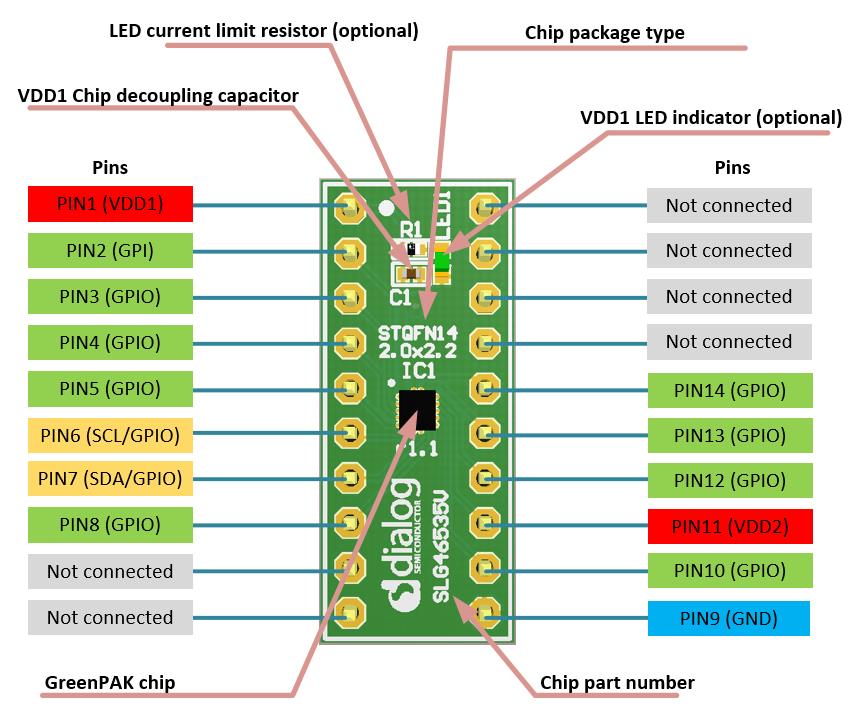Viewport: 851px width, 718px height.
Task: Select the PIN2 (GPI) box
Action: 110,250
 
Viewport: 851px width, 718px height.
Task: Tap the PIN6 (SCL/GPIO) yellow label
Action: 110,434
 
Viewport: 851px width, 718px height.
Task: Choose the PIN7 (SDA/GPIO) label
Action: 110,479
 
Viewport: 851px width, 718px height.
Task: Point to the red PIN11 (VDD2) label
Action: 729,526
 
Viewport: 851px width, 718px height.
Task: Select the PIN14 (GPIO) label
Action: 729,390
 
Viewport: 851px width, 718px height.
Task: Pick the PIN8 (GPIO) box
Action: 110,524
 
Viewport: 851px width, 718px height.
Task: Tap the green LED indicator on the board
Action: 441,263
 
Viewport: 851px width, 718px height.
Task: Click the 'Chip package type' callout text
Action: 604,33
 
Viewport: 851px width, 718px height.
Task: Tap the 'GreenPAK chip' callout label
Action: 110,683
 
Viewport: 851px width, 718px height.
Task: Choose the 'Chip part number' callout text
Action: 616,683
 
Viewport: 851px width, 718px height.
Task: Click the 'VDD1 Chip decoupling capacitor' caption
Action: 158,95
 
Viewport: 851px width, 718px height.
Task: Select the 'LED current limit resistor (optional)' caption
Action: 263,30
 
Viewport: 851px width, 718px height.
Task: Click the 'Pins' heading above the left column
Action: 110,167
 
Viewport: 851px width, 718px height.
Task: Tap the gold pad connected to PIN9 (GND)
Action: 486,608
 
